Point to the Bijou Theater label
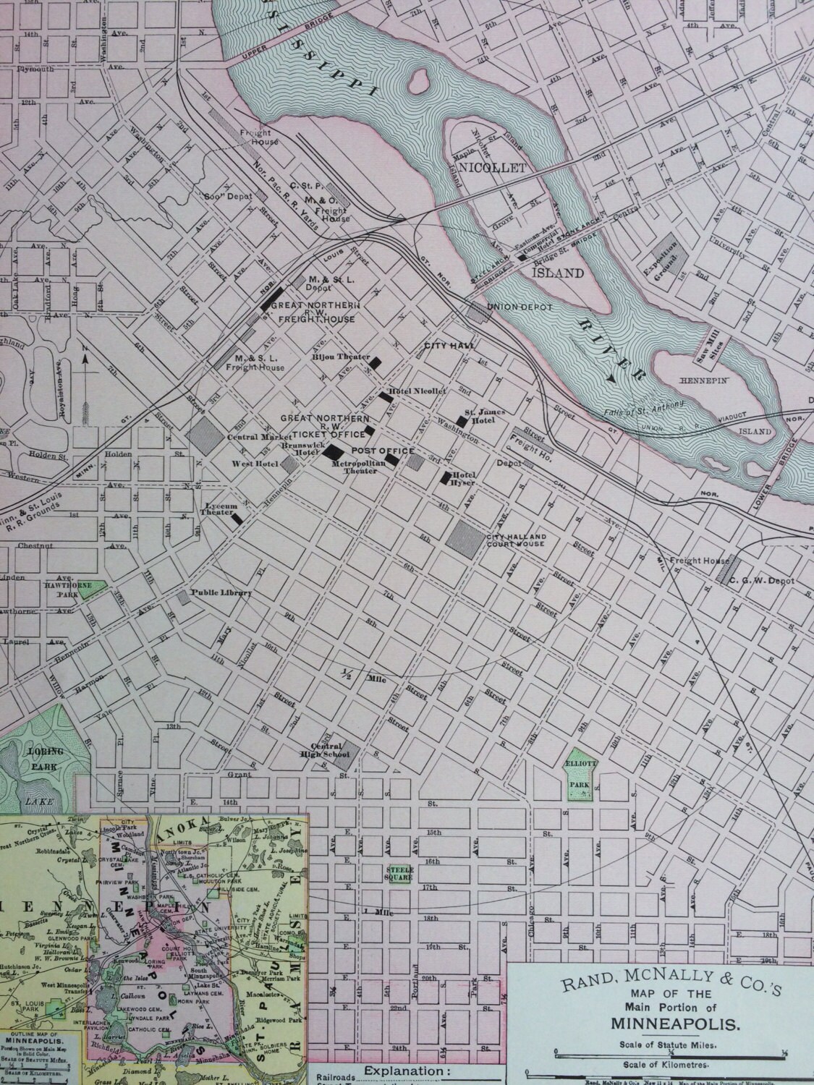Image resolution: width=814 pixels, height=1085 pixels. [341, 357]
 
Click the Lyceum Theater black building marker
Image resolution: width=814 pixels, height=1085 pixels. [236, 519]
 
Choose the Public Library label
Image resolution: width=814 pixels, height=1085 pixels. [221, 594]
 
